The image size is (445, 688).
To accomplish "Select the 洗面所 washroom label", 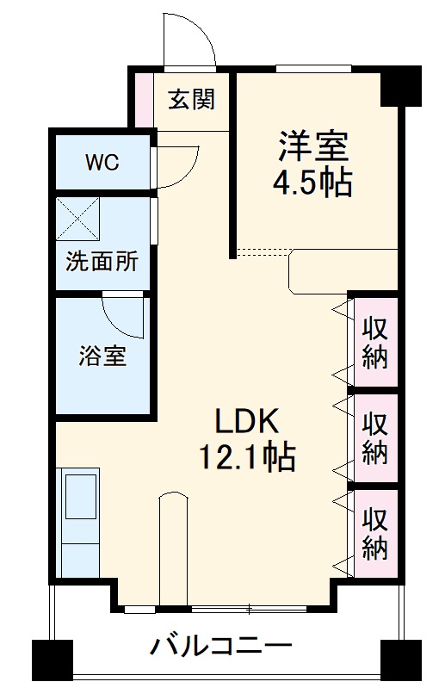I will click(x=102, y=262).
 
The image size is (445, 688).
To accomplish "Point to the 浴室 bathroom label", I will click(x=103, y=356).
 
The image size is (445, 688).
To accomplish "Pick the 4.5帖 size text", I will click(x=313, y=183).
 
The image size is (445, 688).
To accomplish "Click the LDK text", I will click(x=247, y=421).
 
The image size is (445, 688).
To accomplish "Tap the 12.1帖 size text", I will click(x=247, y=456).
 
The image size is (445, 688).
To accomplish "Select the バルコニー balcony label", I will click(x=223, y=646).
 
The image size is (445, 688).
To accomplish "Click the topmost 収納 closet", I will click(x=374, y=342).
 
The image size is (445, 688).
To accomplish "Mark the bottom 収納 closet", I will click(x=374, y=533).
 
